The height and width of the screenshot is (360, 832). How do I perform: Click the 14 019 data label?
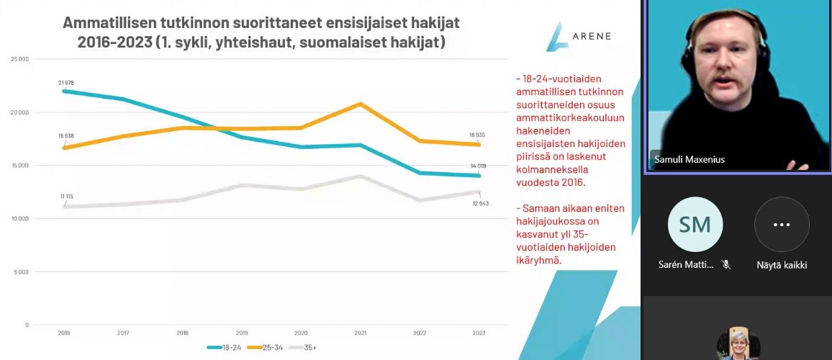[479, 166]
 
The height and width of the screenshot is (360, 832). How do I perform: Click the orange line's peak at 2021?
[361, 104]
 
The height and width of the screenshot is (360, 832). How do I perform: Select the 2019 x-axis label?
[242, 333]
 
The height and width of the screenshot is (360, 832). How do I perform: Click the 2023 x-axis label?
[479, 333]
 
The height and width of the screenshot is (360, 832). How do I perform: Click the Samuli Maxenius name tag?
[689, 159]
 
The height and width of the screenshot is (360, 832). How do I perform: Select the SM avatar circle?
[695, 224]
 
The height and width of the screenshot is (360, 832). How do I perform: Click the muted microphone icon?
[726, 264]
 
